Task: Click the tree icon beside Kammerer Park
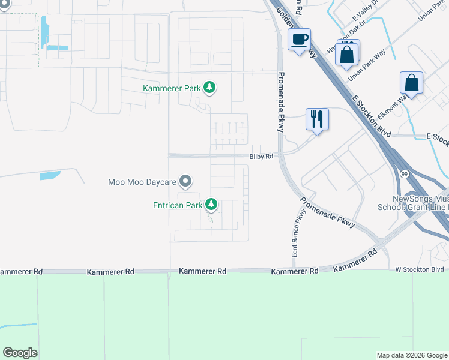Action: coord(209,88)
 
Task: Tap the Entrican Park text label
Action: coord(177,205)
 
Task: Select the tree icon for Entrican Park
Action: coord(211,205)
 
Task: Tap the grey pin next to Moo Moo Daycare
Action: coord(186,181)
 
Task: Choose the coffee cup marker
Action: coord(299,40)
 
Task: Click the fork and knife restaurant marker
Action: coord(316,119)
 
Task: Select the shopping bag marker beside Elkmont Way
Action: coord(411,83)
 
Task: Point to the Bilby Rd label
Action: coord(262,157)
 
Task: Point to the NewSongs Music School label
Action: coord(420,203)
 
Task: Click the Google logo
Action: coord(20,352)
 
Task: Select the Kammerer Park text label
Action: coord(172,88)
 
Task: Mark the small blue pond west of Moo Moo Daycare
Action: coord(50,176)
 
